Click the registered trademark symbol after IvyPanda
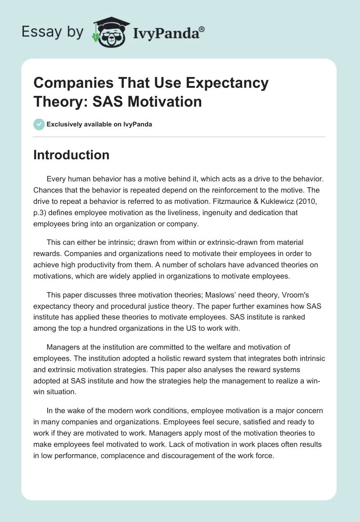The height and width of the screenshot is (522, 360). coord(202,29)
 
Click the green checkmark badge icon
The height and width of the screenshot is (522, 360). coord(39,124)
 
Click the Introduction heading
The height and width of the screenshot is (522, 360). coord(72,155)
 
